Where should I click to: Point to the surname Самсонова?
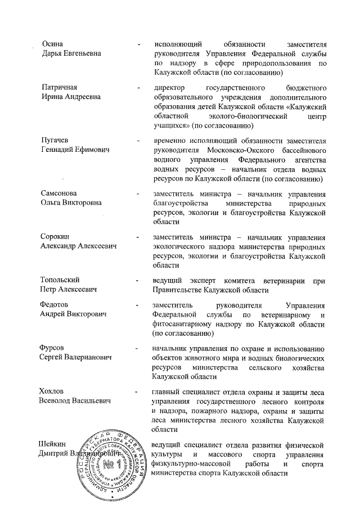60,193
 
